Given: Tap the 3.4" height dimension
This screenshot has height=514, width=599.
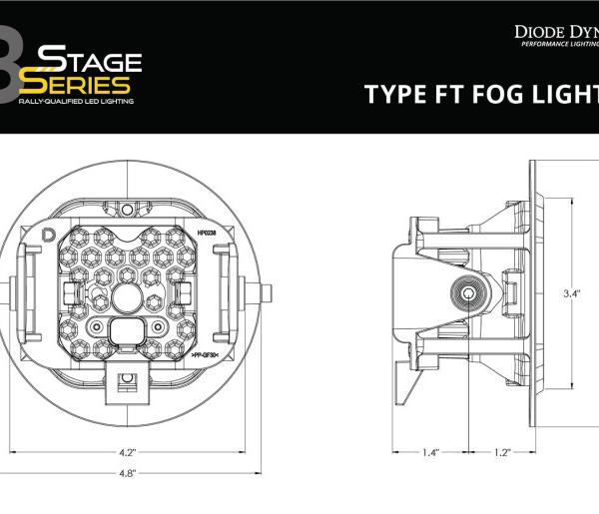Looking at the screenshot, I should (572, 293).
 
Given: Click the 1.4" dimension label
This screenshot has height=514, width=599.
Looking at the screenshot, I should (430, 452).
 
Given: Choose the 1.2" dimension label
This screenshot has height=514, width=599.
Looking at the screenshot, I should (501, 452).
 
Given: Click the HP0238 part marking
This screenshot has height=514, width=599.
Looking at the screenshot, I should (209, 232).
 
